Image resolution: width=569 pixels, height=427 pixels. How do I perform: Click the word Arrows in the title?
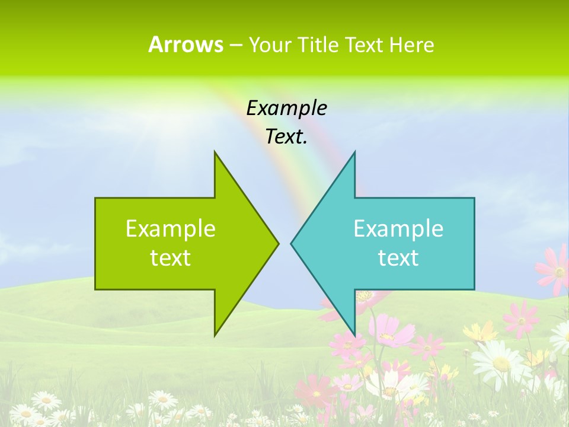[186, 44]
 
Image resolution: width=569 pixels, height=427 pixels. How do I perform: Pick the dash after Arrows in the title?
[235, 45]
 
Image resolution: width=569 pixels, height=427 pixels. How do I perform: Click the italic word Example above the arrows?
[286, 109]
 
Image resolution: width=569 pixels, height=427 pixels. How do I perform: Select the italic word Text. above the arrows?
[286, 137]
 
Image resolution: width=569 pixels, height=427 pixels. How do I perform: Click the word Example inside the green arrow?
[171, 228]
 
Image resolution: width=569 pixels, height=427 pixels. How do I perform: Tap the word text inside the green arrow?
[171, 258]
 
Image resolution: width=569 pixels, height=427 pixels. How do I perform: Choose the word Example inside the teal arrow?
[398, 228]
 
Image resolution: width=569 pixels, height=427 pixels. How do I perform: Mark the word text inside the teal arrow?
[398, 258]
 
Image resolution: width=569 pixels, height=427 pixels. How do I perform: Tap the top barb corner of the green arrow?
[215, 152]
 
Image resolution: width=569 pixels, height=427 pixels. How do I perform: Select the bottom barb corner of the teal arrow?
[355, 335]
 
